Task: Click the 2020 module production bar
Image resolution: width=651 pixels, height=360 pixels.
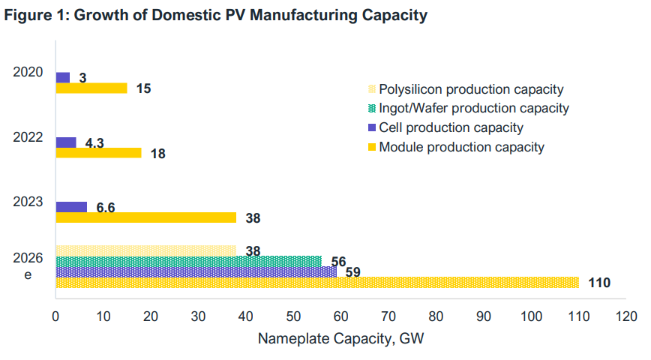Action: point(91,88)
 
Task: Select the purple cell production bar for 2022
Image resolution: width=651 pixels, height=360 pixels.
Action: point(66,142)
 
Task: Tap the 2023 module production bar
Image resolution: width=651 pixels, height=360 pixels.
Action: point(145,217)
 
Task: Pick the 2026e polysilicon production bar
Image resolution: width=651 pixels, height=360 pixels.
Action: point(145,250)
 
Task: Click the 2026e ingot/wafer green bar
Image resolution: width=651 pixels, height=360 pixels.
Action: point(187,261)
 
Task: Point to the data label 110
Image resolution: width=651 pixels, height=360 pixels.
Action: point(599,283)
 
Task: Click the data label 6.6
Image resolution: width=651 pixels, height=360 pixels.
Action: point(106,208)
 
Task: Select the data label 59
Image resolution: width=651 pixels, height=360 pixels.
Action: point(352,272)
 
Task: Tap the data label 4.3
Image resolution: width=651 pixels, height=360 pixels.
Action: point(94,142)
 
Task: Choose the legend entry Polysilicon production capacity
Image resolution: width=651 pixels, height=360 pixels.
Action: point(471,90)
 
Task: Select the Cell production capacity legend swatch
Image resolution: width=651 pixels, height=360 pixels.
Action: point(372,127)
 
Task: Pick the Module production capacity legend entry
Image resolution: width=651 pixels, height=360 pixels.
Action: point(461,147)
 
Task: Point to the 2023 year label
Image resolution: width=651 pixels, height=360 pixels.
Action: point(28,202)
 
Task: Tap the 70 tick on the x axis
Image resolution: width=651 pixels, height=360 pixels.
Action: point(388,317)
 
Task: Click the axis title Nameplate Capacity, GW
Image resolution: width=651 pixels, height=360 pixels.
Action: point(341,339)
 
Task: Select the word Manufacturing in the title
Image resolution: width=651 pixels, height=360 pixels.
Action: point(286,16)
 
